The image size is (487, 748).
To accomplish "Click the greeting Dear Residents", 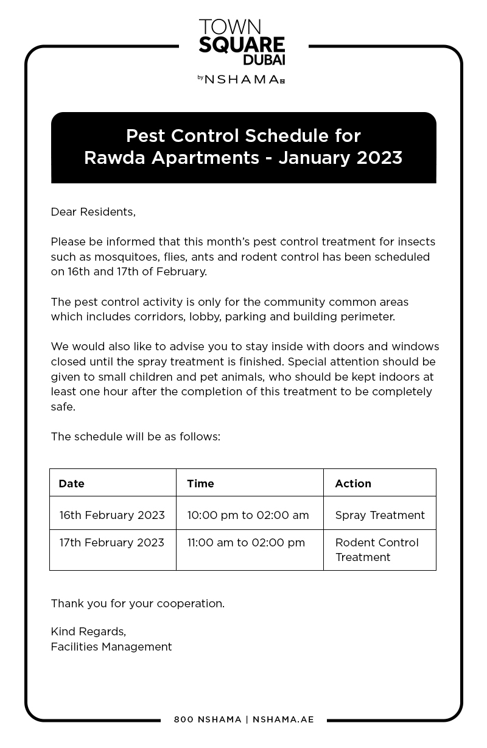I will tap(93, 212).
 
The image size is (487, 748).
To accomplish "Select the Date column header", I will tap(71, 484).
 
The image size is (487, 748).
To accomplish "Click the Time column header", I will tap(200, 484).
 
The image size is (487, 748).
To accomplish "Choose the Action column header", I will tap(353, 484).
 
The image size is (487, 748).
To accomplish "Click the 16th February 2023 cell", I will tap(112, 515).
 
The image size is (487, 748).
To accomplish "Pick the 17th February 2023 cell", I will tap(112, 543).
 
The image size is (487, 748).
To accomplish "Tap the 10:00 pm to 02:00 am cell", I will tap(248, 515).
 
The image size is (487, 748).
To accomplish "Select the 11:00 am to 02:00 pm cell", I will tap(246, 543).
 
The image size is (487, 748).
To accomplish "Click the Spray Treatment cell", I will tap(380, 515).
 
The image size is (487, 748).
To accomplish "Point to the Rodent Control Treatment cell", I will tap(377, 549).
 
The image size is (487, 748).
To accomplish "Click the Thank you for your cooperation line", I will tap(138, 604).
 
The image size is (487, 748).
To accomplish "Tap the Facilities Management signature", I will tap(111, 647).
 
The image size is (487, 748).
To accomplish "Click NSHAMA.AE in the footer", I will tap(283, 719).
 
